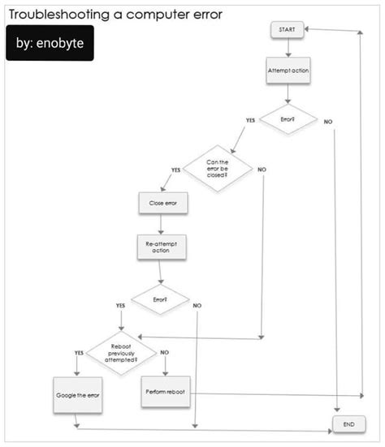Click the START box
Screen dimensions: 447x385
click(288, 29)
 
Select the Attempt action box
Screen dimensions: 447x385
click(288, 71)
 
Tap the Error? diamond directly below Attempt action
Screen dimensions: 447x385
click(288, 119)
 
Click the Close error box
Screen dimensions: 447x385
click(163, 203)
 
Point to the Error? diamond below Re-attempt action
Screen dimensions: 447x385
click(160, 299)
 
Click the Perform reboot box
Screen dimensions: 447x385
click(165, 393)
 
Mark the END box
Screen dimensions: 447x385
click(348, 424)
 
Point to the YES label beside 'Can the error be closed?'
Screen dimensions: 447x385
click(175, 169)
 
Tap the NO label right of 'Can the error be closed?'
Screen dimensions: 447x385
click(261, 169)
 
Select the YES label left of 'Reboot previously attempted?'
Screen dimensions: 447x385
click(79, 353)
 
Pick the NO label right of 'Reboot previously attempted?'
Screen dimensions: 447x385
click(165, 352)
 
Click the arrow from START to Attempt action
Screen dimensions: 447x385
click(288, 47)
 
